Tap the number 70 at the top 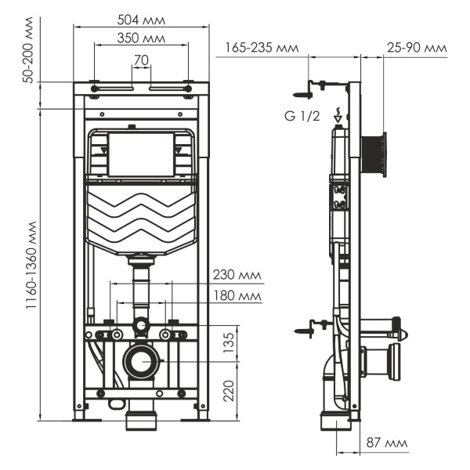point(142,60)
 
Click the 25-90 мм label point(417,48)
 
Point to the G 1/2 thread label point(301,117)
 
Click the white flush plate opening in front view point(142,154)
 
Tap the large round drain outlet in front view point(141,362)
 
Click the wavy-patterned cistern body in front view point(142,219)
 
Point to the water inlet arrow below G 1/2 point(338,117)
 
